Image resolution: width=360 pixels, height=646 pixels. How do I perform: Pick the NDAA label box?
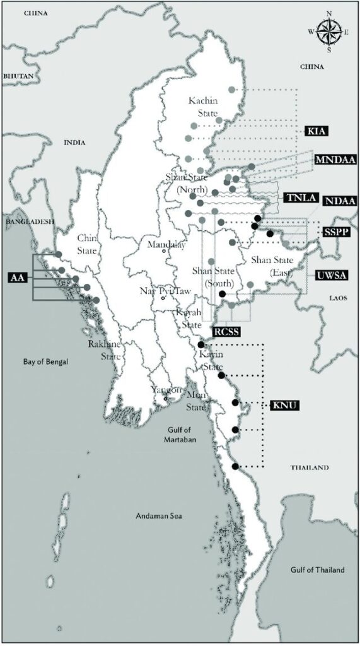click(340, 201)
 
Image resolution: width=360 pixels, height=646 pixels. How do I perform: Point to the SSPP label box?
click(336, 232)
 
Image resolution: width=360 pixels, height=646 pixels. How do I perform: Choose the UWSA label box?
click(334, 276)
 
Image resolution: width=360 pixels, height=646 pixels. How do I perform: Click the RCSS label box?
click(226, 331)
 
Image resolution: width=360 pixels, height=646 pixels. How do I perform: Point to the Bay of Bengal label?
click(45, 362)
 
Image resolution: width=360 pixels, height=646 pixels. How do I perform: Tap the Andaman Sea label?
click(158, 516)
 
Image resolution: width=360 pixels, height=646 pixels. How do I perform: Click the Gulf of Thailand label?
click(318, 570)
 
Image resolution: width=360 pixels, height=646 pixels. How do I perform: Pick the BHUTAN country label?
click(18, 75)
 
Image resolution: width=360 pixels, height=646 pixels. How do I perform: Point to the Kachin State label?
click(203, 107)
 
